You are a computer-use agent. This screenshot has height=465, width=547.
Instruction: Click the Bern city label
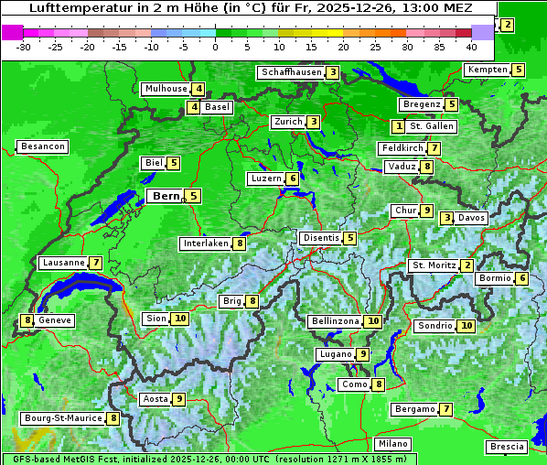coord(166,196)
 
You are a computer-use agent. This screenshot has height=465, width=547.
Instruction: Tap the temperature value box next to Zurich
coord(314,122)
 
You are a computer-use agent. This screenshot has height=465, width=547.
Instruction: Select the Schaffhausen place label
coord(290,72)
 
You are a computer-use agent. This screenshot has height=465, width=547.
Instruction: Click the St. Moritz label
coord(434,265)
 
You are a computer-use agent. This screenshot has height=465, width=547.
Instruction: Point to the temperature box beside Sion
coord(179,319)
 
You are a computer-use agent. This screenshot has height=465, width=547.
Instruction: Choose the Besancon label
coord(42,146)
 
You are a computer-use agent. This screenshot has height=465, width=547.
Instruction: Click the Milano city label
coord(393,444)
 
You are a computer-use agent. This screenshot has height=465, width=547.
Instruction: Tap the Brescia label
coord(507,447)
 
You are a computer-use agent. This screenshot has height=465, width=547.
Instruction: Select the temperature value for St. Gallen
coord(398,126)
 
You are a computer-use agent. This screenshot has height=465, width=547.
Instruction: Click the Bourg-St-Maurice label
coord(62,418)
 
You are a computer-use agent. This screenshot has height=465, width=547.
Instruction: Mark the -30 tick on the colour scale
coord(24,47)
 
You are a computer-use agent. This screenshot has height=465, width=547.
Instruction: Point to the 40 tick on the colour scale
coord(471,47)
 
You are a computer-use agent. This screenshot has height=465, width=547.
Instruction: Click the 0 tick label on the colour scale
coord(215,47)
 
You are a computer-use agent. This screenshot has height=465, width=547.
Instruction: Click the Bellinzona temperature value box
coord(372,321)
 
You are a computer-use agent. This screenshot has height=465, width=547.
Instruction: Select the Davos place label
coord(472,218)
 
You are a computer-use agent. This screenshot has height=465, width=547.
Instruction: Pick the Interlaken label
coord(205,243)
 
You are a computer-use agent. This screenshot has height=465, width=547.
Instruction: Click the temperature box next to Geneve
coord(27,320)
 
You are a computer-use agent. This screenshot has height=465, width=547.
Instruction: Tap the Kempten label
coord(487,70)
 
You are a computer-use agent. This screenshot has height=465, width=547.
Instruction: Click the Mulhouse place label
coord(166,89)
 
